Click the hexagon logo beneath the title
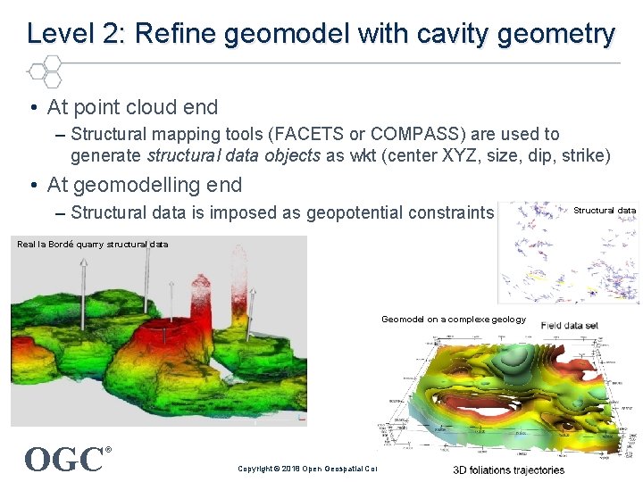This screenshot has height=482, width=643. point(45,71)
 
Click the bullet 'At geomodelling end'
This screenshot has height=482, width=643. point(144,185)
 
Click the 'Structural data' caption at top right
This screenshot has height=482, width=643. point(605,211)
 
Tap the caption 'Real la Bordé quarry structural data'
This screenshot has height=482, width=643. point(92,244)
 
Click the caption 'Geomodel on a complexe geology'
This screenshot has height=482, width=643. point(454,319)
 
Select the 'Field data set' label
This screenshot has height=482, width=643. point(570,326)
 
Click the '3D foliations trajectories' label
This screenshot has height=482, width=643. point(508,470)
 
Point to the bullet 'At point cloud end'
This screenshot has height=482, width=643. point(132,107)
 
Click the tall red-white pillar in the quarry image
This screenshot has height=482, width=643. point(238,286)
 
